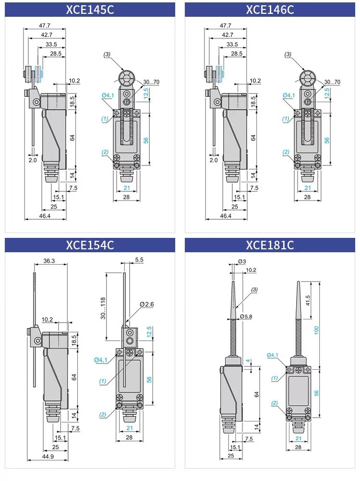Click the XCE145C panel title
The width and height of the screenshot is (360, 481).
tap(90, 10)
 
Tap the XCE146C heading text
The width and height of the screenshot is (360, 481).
tap(270, 10)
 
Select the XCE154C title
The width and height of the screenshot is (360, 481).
tap(90, 245)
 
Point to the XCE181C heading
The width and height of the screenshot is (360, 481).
tap(270, 245)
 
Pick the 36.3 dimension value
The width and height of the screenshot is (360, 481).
tap(49, 261)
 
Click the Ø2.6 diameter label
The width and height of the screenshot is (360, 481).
tap(147, 304)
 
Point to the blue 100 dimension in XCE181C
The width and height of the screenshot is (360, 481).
tap(317, 330)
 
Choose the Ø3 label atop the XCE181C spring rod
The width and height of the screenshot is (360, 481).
tap(241, 262)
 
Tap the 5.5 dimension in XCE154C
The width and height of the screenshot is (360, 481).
tap(140, 259)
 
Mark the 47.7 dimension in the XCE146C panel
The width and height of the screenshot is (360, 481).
tap(226, 25)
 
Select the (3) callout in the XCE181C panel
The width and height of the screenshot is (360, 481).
tap(254, 289)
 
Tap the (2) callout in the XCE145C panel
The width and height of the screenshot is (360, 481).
tap(106, 152)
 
